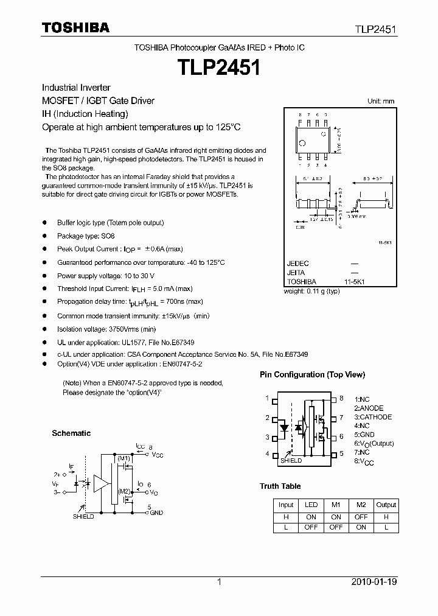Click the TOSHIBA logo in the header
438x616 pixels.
pos(75,27)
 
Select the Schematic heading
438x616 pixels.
pos(71,433)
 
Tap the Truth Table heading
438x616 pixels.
pos(280,486)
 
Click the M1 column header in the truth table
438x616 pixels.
pos(336,505)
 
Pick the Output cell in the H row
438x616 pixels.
pos(386,516)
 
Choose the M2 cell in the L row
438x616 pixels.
pos(361,527)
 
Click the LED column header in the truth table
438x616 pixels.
pos(311,505)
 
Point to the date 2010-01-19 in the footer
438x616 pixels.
pos(374,582)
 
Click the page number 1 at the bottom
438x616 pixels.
pos(219,582)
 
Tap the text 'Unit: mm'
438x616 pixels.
pos(381,101)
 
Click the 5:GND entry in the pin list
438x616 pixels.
pos(365,435)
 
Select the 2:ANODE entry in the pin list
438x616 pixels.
pos(369,408)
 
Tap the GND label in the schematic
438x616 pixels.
pos(156,513)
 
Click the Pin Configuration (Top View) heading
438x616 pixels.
pos(312,374)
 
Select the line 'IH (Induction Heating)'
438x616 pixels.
pos(85,114)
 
